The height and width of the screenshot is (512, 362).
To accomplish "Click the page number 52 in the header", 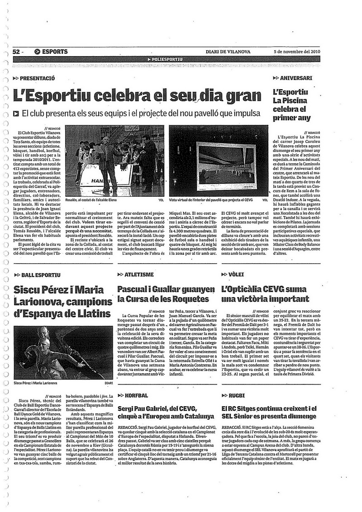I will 18,52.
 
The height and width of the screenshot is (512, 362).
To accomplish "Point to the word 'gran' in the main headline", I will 240,96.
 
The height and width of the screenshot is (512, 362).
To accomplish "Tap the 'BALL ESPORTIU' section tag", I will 41,275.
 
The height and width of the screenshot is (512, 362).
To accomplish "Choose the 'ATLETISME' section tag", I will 140,275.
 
